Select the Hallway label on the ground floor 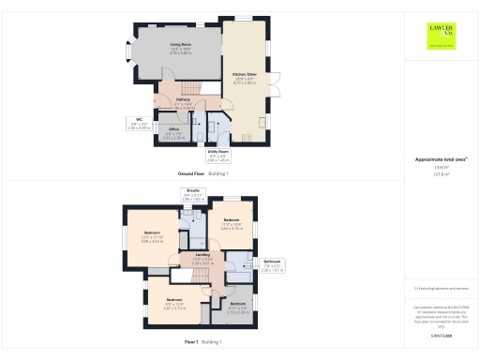[x=185, y=102]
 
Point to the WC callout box [x=139, y=122]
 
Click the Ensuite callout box [x=192, y=197]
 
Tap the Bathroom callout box [x=272, y=265]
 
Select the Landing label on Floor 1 [x=202, y=256]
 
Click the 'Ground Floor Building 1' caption [x=203, y=174]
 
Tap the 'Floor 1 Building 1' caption [x=203, y=343]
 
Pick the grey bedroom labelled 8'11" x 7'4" [x=238, y=306]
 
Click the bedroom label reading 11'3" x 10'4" [x=232, y=225]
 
